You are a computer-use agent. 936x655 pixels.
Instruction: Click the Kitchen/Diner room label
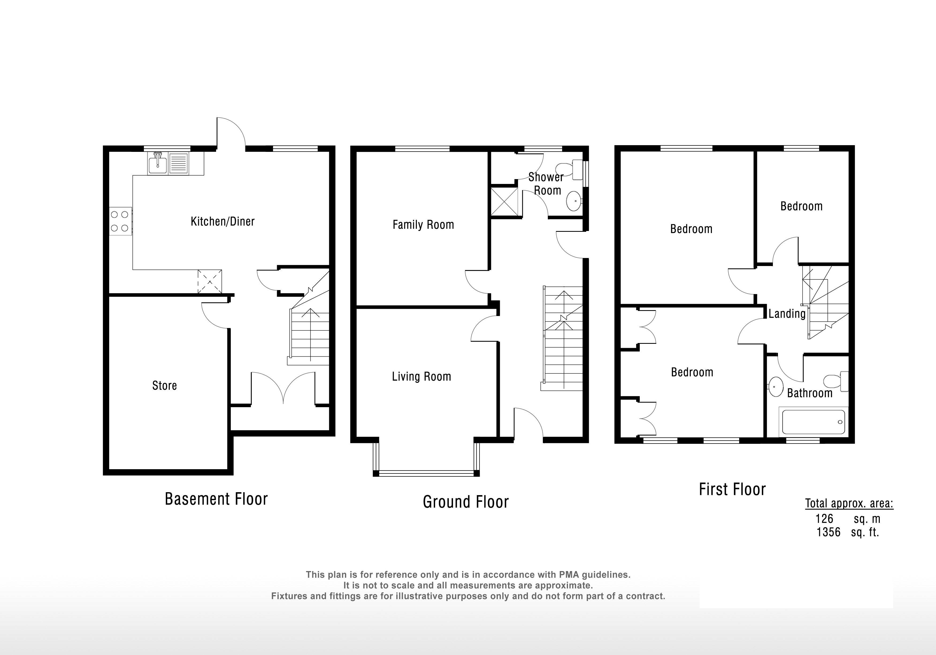click(223, 221)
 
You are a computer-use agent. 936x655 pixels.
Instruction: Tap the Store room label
click(164, 386)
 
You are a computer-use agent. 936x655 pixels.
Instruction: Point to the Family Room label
click(423, 225)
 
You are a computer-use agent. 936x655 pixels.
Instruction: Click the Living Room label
click(421, 376)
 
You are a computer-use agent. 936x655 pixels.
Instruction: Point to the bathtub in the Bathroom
click(813, 421)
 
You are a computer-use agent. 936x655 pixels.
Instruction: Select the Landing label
click(787, 314)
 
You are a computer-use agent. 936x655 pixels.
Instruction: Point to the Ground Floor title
click(466, 502)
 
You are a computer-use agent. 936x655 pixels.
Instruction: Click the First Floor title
click(732, 489)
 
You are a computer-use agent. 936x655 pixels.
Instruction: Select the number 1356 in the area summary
click(828, 532)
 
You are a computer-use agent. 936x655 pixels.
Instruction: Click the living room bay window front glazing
click(426, 473)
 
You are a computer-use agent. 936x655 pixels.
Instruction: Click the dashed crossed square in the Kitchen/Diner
click(210, 281)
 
